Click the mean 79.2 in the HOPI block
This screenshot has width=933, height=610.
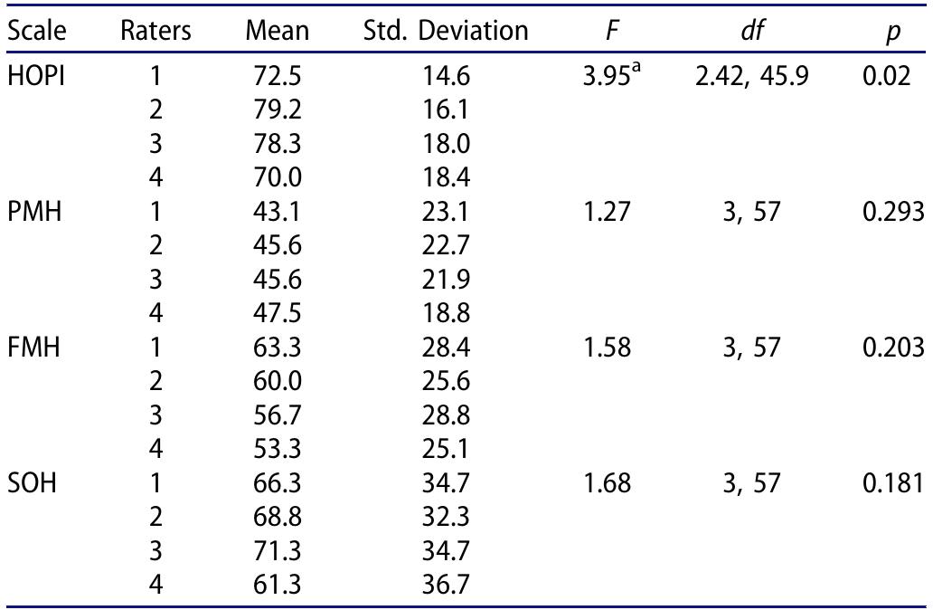tap(278, 115)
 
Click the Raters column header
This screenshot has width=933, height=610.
tap(155, 33)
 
